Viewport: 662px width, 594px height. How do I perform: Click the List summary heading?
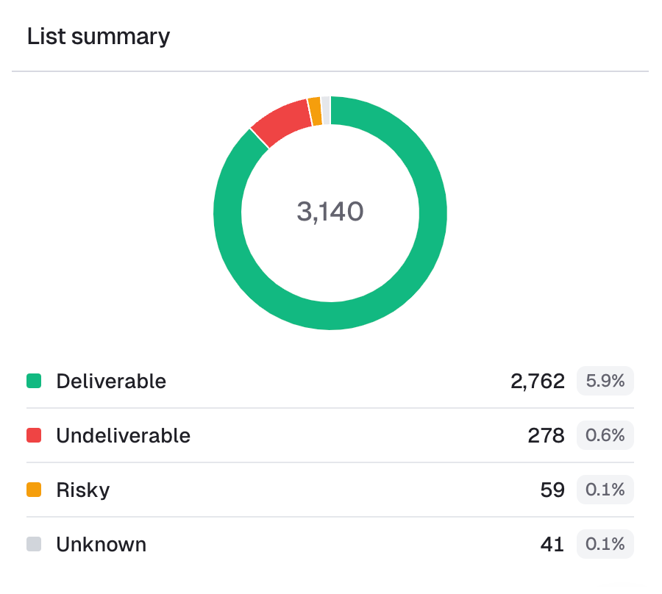click(x=99, y=37)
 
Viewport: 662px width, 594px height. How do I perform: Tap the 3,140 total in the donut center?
click(x=330, y=212)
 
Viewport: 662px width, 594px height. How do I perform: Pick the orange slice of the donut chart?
click(x=315, y=111)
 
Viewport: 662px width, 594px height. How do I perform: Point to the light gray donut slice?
click(x=326, y=110)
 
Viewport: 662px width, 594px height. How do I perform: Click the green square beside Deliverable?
click(x=34, y=382)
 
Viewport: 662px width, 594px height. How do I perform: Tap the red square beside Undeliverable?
click(x=34, y=436)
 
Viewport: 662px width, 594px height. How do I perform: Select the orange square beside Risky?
click(x=34, y=490)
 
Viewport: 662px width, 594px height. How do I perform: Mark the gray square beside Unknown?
click(x=34, y=545)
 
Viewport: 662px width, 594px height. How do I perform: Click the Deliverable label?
click(x=111, y=382)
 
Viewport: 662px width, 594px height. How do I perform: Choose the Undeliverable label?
click(x=123, y=436)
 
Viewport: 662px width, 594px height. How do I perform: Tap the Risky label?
click(x=82, y=490)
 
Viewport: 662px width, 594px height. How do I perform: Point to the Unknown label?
click(x=101, y=545)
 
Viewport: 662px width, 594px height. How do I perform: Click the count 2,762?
click(x=538, y=382)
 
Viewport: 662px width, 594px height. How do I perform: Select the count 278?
click(x=547, y=436)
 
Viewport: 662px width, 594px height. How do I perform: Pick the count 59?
click(x=552, y=490)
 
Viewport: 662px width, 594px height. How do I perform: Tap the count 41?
click(x=552, y=545)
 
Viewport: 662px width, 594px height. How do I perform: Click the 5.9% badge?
click(x=605, y=382)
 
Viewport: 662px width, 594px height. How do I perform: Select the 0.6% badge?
click(x=605, y=436)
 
